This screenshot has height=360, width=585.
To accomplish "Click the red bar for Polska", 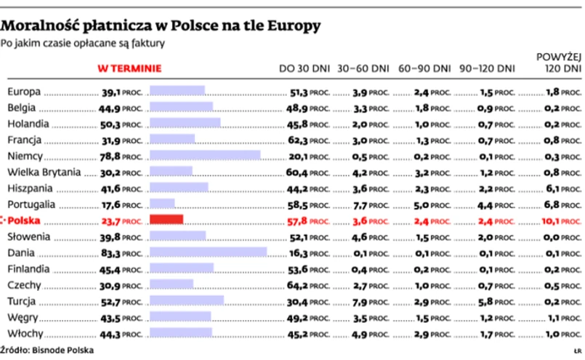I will [x=166, y=220].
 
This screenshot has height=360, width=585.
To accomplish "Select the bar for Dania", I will [x=207, y=252].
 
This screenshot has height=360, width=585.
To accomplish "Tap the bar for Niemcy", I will [x=204, y=155].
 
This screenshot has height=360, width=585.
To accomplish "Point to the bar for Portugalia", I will [x=161, y=204].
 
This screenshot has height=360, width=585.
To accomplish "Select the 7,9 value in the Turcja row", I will [x=360, y=301].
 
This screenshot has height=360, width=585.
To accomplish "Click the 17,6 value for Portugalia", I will [x=112, y=204].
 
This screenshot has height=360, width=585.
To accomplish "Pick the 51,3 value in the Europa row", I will [x=297, y=92].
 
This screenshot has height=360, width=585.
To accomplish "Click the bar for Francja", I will [x=172, y=139].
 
